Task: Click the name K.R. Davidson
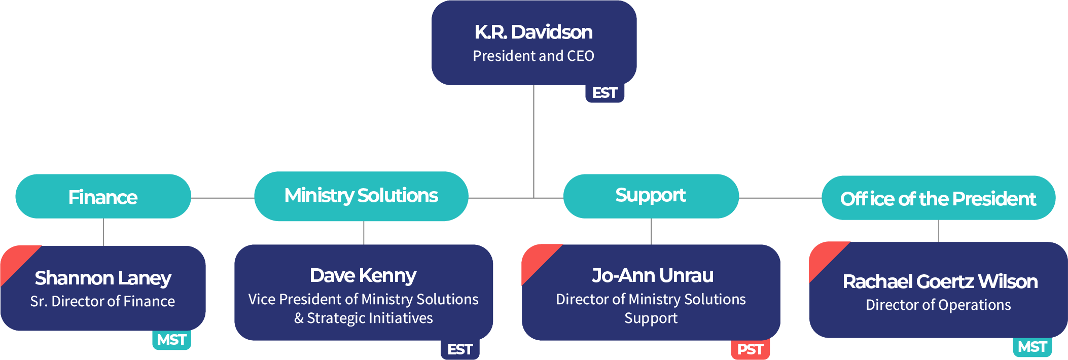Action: click(x=533, y=32)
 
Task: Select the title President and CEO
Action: click(x=533, y=56)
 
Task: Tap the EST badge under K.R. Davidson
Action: click(x=604, y=93)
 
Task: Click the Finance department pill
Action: click(x=103, y=197)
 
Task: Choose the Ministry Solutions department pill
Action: click(x=361, y=196)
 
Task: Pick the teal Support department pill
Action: click(x=651, y=196)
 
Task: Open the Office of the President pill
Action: click(x=938, y=198)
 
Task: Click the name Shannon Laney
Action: click(x=103, y=278)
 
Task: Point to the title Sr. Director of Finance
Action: click(x=102, y=301)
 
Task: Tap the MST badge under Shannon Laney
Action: click(x=171, y=340)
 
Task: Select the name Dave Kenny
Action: click(x=363, y=275)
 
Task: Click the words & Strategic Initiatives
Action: click(x=363, y=318)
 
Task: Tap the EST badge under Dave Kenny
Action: click(x=460, y=349)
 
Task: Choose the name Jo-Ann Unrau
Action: click(x=653, y=275)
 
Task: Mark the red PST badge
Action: click(x=750, y=349)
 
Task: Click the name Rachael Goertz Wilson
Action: click(x=940, y=281)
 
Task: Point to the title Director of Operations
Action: click(x=938, y=305)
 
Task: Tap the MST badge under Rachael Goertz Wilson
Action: click(x=1032, y=347)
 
